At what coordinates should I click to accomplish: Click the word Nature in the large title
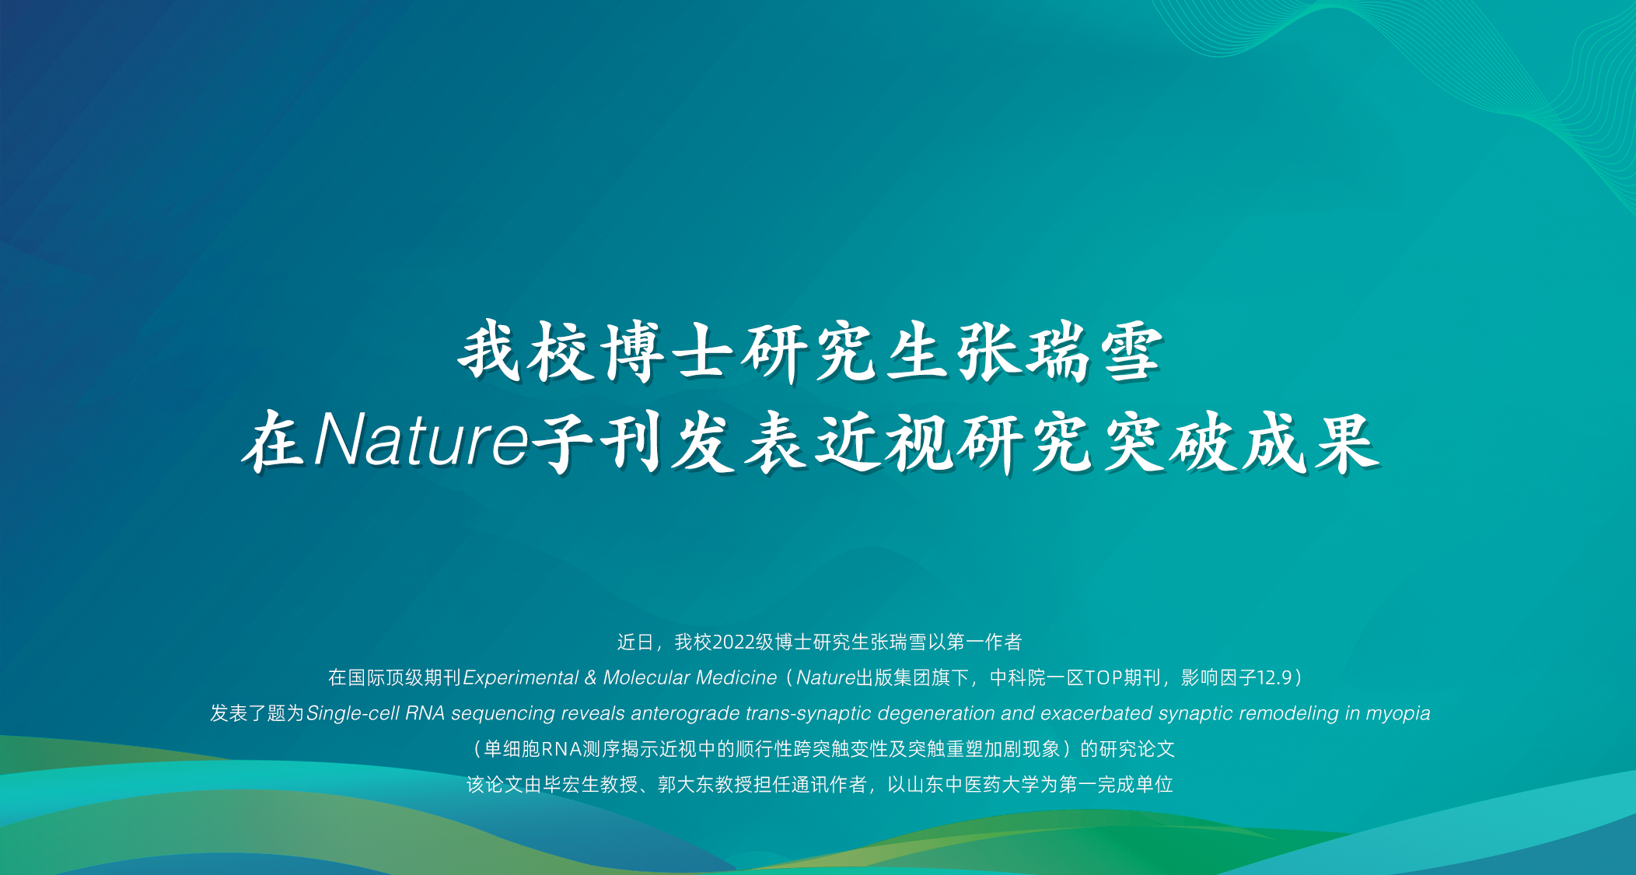pos(421,441)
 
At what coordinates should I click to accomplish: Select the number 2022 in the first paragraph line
pos(733,642)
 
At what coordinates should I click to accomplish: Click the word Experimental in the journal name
pos(520,678)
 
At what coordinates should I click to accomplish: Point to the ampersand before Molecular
pos(591,678)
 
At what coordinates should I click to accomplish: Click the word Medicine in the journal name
pos(736,678)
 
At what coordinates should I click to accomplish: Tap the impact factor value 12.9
pos(1275,678)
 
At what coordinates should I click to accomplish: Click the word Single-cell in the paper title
pos(353,714)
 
